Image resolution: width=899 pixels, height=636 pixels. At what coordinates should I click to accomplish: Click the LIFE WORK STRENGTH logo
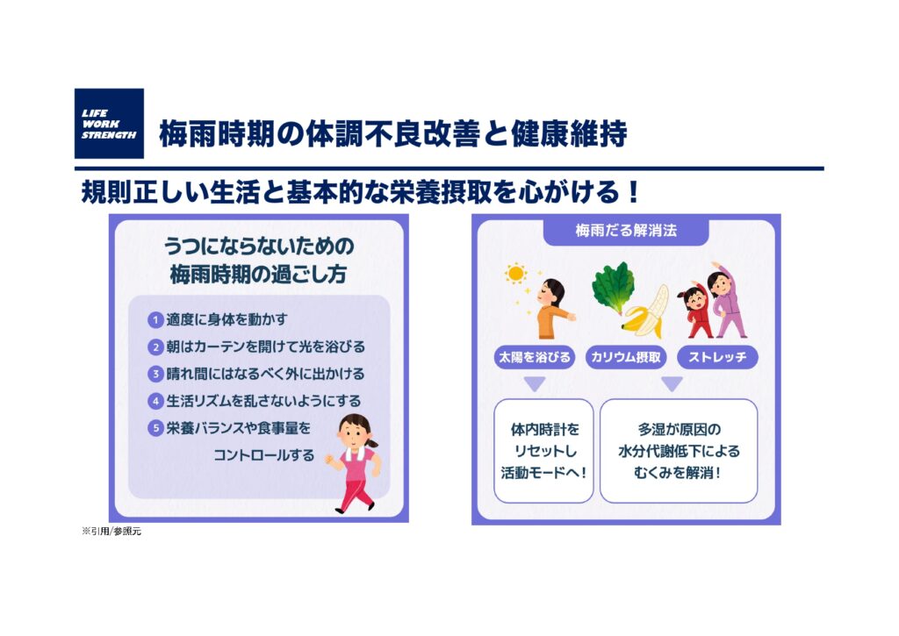(109, 123)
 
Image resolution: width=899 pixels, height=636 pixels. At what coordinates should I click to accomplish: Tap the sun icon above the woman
(515, 274)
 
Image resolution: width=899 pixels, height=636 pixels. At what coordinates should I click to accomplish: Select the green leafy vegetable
(612, 288)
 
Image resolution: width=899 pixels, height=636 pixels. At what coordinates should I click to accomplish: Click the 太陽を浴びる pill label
(535, 358)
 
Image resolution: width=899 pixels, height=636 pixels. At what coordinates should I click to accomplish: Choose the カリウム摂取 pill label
(626, 358)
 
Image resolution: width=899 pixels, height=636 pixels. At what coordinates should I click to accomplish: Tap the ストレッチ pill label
(717, 358)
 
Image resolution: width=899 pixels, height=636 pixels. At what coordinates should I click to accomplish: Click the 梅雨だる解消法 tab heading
(626, 231)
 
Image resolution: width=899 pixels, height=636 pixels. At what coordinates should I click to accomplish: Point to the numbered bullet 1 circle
(155, 319)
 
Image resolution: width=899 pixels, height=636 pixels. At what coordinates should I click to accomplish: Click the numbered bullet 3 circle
(155, 375)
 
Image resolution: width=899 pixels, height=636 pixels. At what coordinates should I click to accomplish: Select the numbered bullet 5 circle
(155, 428)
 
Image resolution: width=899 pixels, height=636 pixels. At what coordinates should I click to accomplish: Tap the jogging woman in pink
(355, 463)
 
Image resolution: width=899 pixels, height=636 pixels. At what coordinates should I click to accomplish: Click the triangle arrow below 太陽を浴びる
(535, 383)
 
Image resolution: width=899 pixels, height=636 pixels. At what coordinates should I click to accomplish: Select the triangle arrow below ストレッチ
(672, 383)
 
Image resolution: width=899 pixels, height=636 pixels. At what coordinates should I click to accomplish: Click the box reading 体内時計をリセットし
(543, 451)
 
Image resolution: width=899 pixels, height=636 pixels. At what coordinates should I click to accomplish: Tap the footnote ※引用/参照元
(111, 532)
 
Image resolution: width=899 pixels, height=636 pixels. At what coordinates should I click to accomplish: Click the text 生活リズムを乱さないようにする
(263, 401)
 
